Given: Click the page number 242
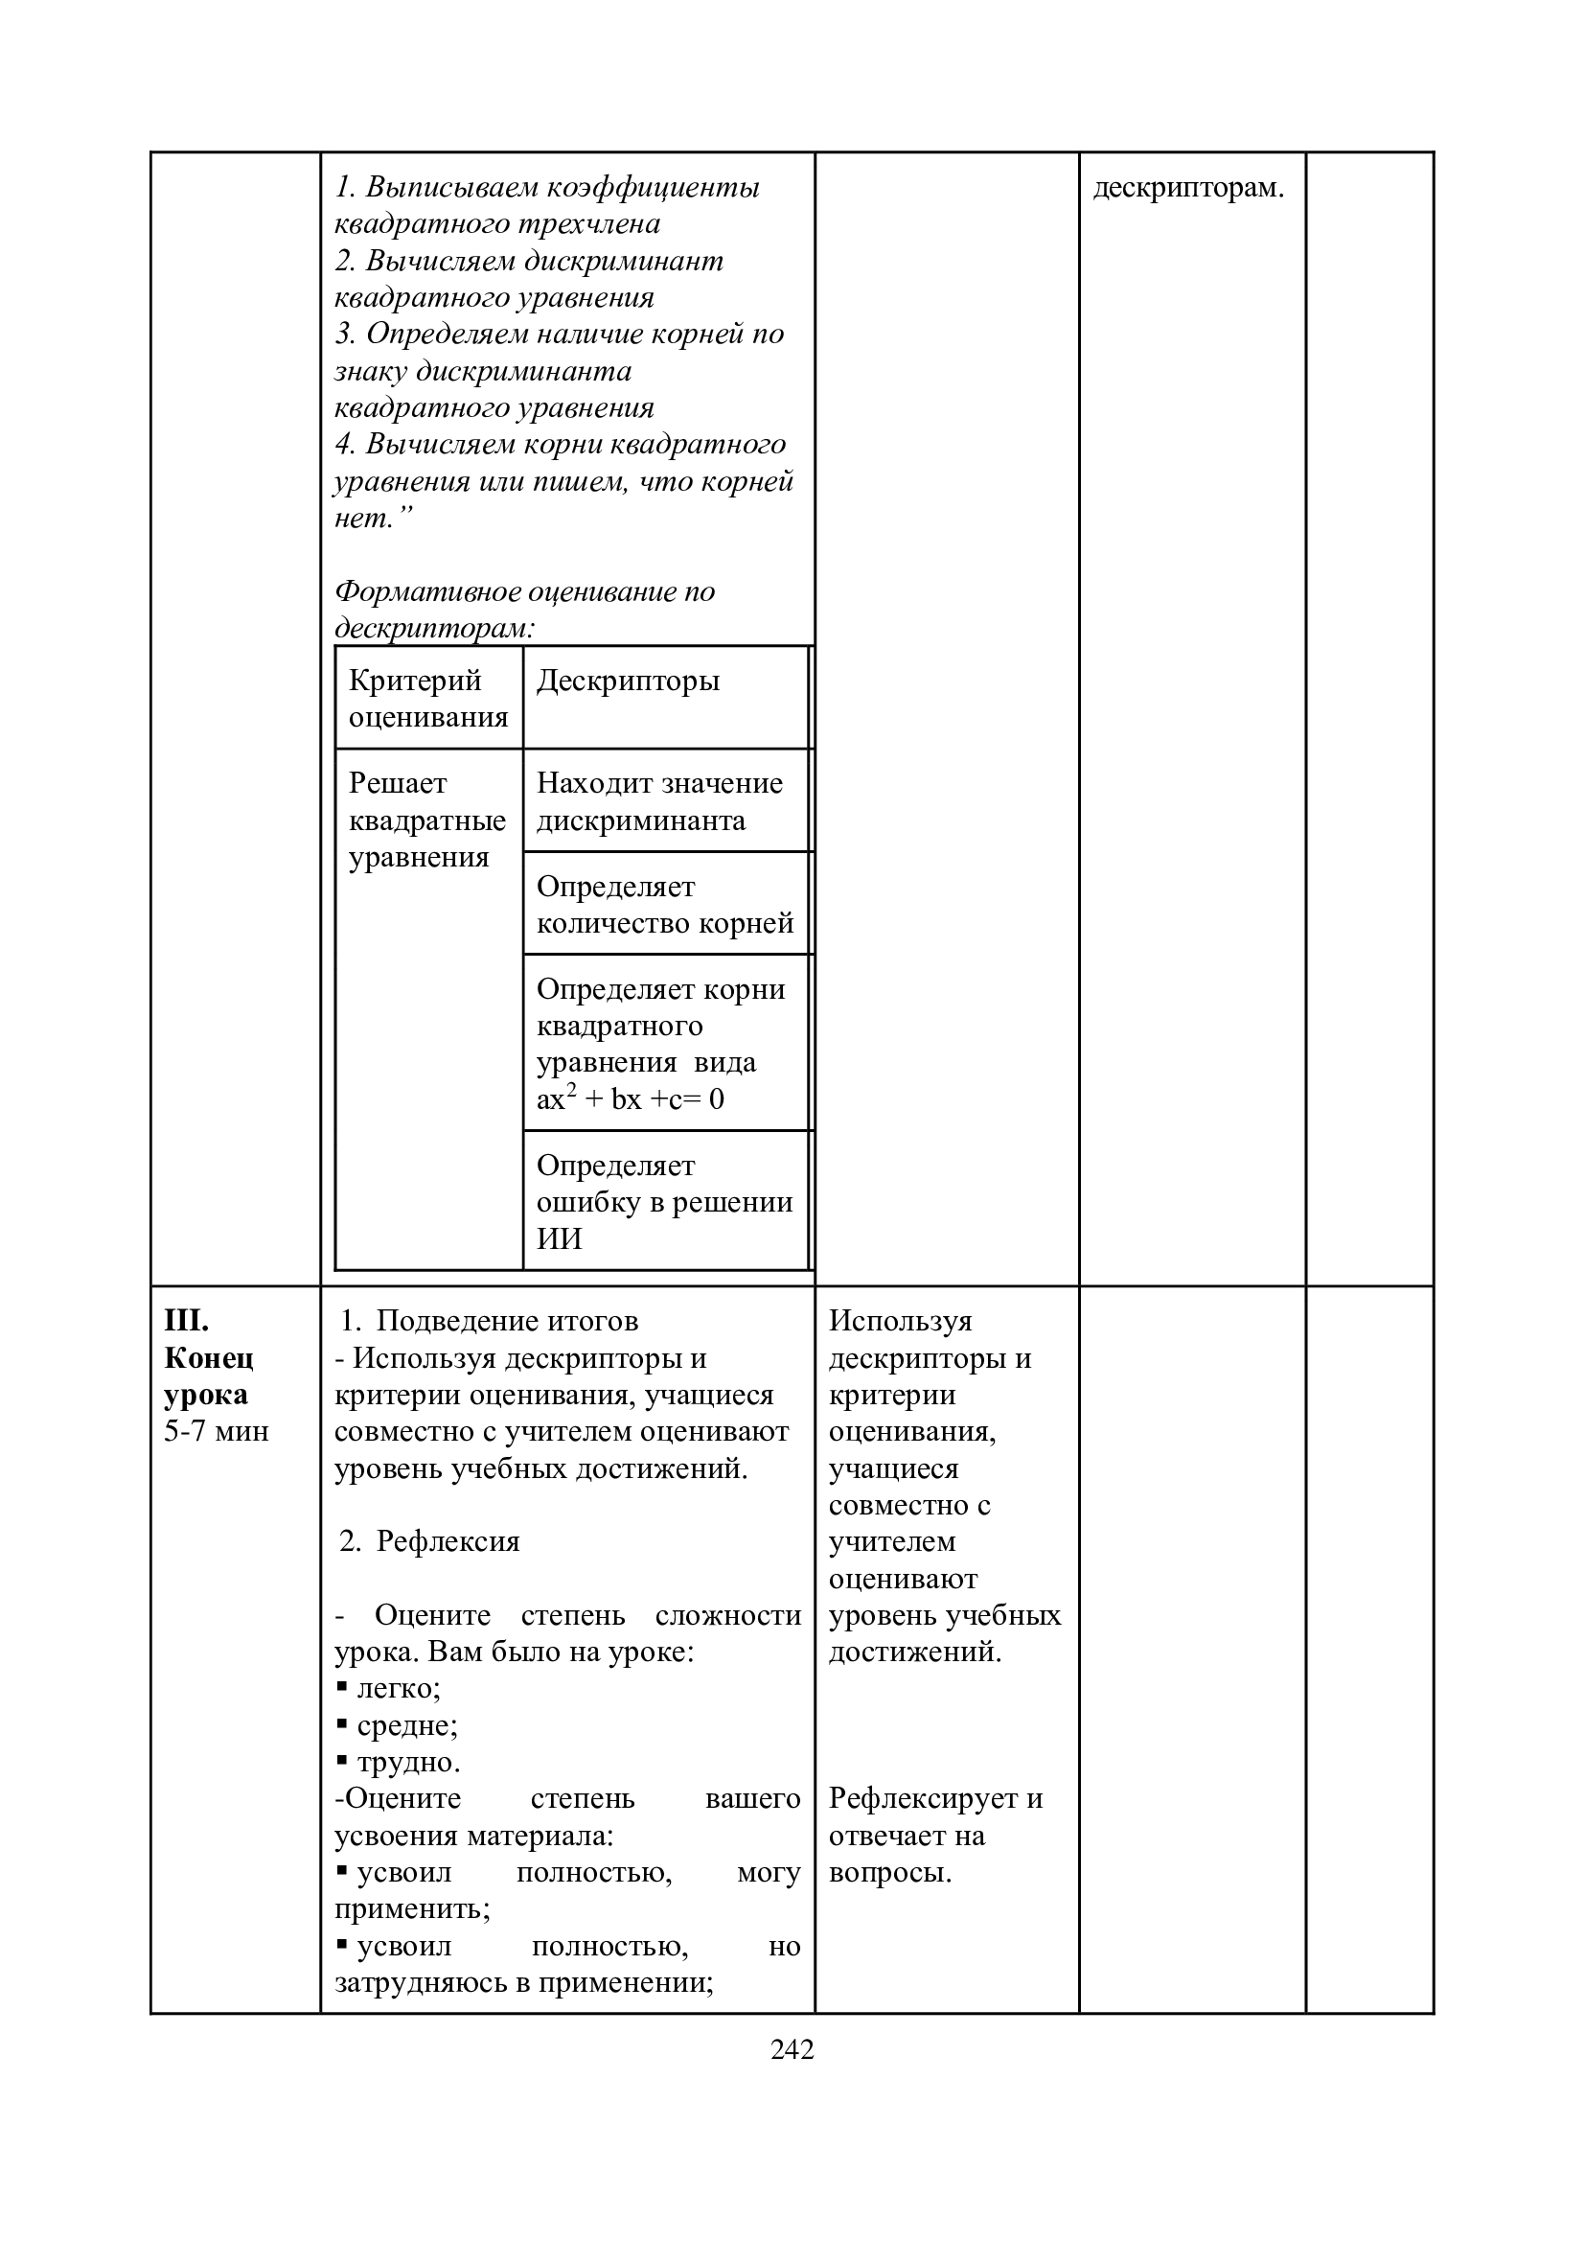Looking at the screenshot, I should coord(792,2049).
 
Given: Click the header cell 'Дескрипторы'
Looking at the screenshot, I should coord(628,681).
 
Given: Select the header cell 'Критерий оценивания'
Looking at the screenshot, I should coord(428,698).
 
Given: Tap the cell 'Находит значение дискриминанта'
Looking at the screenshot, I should coord(659,801).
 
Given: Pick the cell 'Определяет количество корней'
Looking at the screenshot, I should coord(665,905).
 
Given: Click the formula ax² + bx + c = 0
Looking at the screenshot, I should coord(631,1099).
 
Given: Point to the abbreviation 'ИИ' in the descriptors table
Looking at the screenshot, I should coord(560,1239).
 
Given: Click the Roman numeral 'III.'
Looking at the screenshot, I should coord(187,1321).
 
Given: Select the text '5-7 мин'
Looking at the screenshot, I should coord(216,1431).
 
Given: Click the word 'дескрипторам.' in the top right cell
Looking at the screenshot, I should coord(1188,188).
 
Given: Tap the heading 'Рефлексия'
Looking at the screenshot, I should coord(448,1541).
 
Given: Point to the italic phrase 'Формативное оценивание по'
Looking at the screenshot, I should coord(524,591).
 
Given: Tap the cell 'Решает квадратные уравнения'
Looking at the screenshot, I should coord(426,821).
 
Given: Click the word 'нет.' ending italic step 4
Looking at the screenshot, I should coord(365,519).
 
